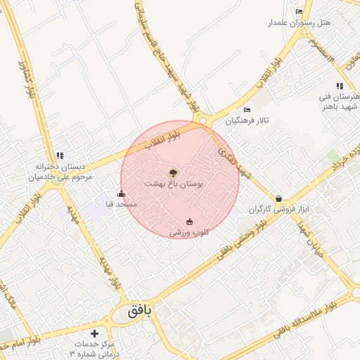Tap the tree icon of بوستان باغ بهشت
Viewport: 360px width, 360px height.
[174, 172]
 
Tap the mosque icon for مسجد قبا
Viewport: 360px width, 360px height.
[121, 194]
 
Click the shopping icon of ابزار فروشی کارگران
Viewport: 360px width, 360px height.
[279, 199]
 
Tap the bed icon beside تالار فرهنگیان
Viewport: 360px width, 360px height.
[246, 110]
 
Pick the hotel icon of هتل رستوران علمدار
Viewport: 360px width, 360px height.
[300, 12]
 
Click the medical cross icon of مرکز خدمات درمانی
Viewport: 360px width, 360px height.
[95, 333]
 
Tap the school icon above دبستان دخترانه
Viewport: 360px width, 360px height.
[60, 155]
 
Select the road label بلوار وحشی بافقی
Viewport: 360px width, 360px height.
[242, 238]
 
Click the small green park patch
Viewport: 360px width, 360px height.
[333, 155]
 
